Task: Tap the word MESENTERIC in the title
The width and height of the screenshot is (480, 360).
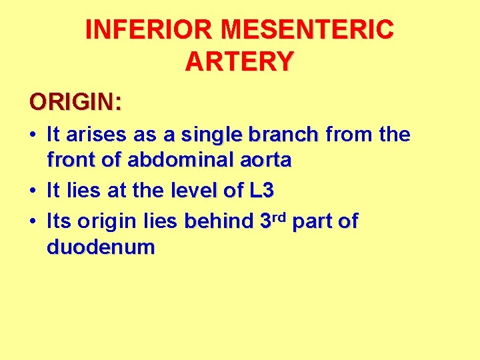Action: pyautogui.click(x=308, y=30)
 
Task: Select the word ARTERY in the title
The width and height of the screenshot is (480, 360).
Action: pyautogui.click(x=239, y=62)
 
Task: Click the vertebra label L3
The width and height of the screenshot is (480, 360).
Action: pyautogui.click(x=261, y=191)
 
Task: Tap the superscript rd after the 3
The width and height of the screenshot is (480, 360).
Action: pyautogui.click(x=280, y=217)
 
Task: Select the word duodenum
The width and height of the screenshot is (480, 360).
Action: pyautogui.click(x=101, y=248)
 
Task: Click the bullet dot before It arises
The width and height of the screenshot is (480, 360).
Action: pyautogui.click(x=33, y=135)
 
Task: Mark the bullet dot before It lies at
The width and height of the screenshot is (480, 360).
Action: pyautogui.click(x=33, y=191)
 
